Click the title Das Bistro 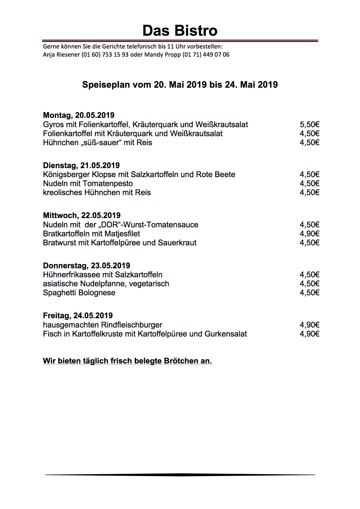point(180,31)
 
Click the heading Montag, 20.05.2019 point(79,115)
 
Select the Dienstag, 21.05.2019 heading point(81,166)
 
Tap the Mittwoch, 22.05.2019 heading point(82,215)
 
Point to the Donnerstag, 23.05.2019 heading point(87,266)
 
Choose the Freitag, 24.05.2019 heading point(78,316)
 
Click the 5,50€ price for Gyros point(309,125)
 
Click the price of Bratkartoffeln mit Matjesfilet point(309,234)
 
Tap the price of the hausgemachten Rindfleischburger point(309,325)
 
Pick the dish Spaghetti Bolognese point(79,293)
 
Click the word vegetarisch point(149,284)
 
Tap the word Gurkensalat point(226,334)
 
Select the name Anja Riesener point(61,55)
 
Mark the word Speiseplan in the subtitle point(106,85)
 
